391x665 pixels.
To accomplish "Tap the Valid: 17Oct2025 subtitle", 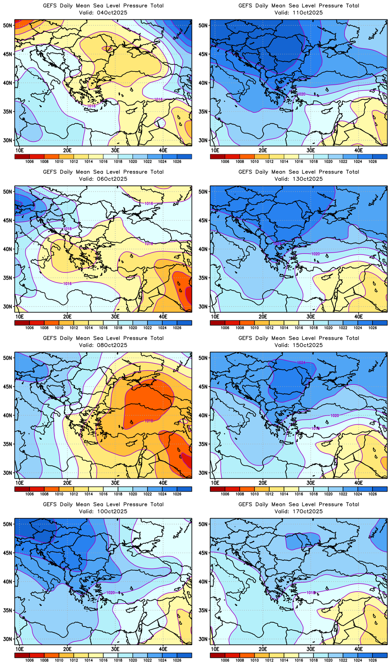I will point(299,511).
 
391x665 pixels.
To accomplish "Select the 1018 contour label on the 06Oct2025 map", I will point(67,229).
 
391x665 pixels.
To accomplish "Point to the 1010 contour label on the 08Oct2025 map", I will point(149,421).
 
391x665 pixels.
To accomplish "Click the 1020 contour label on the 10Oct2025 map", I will point(110,592).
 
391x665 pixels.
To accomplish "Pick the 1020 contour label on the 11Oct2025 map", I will point(301,94).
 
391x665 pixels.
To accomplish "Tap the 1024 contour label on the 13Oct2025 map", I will point(277,243).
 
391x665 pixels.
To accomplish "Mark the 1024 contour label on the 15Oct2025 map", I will point(301,363).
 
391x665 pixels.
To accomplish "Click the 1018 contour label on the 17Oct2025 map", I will point(311,592).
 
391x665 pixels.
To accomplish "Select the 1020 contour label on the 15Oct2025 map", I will point(335,416).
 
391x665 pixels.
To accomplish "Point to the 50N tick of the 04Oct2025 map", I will point(8,25).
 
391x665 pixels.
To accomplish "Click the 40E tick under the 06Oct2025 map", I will point(163,316).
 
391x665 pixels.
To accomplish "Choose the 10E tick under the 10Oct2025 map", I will point(19,649).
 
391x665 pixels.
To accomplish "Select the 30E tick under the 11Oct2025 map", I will point(311,150).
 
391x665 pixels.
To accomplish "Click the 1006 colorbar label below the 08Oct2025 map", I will point(30,494).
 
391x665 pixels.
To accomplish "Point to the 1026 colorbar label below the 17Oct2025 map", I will point(372,660).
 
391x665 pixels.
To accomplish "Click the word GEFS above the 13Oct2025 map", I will point(245,172).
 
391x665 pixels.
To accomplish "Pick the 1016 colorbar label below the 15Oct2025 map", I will point(299,494).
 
